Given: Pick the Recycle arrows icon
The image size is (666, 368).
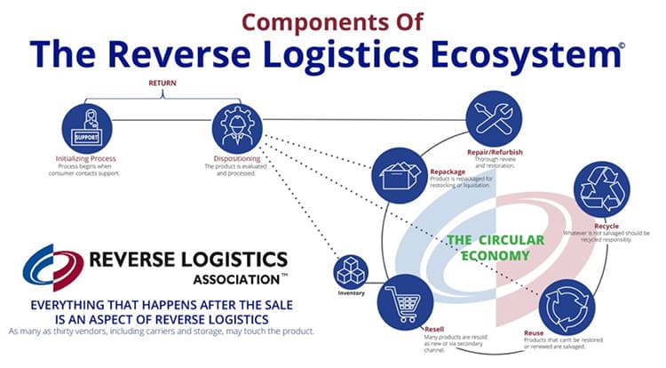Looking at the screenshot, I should [602, 188].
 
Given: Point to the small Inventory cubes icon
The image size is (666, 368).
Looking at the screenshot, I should [350, 270].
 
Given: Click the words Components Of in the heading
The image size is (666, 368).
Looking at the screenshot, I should [333, 19].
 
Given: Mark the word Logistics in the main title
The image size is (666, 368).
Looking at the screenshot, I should [345, 55].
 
